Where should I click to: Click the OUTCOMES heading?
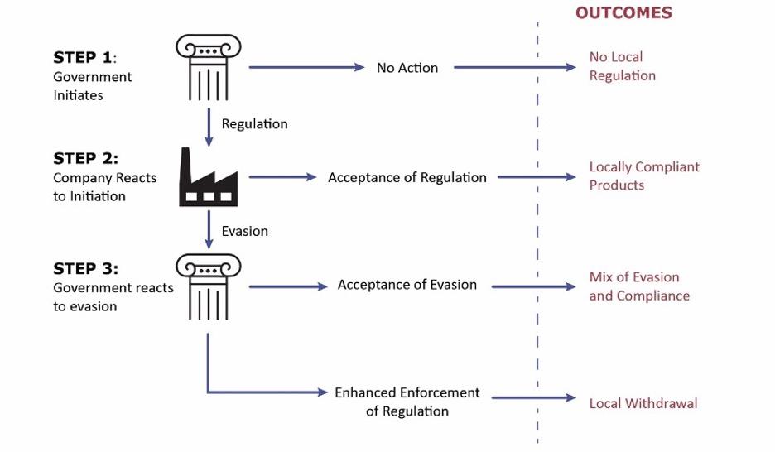pos(623,12)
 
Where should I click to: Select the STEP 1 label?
pos(84,57)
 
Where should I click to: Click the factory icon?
pos(209,177)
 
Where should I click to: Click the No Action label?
pos(407,68)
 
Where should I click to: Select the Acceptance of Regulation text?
pos(407,177)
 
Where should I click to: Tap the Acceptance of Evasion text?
pos(407,285)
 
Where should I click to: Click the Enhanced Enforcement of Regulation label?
pos(407,402)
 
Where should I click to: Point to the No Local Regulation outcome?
pos(623,66)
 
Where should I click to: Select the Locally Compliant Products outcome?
pos(644,176)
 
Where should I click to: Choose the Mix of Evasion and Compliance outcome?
pos(639,286)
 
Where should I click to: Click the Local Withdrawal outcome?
pos(643,403)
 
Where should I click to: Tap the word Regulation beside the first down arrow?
pos(254,124)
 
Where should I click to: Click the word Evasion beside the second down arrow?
pos(244,231)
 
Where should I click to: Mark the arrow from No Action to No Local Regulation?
pos(513,67)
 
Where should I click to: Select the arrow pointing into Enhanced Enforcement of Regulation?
pos(265,392)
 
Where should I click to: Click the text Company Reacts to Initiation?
pos(104,187)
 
